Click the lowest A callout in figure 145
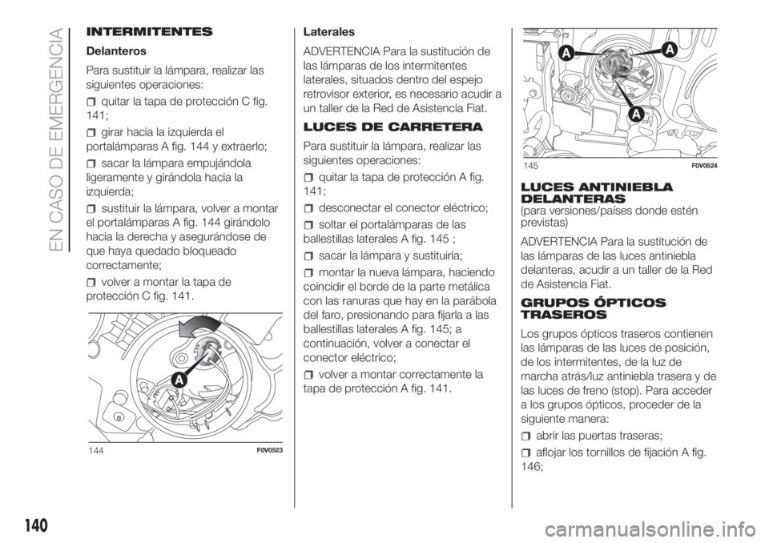pos(634,115)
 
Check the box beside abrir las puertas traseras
pos(525,436)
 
